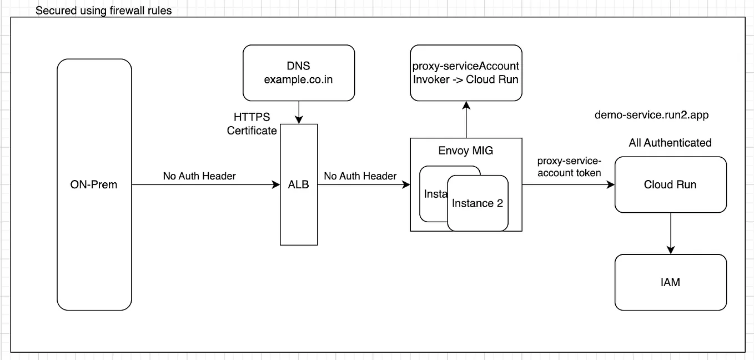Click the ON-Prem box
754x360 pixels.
pyautogui.click(x=94, y=184)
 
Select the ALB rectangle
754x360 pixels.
pyautogui.click(x=299, y=184)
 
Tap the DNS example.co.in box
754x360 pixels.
pyautogui.click(x=299, y=73)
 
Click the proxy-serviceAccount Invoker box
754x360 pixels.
pyautogui.click(x=466, y=73)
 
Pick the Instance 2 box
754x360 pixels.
pyautogui.click(x=477, y=203)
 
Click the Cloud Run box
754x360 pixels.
pyautogui.click(x=670, y=184)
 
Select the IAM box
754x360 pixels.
pyautogui.click(x=670, y=282)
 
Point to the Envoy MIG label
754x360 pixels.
pyautogui.click(x=466, y=151)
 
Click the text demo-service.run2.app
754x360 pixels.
pyautogui.click(x=651, y=115)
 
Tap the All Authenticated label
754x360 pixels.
pyautogui.click(x=670, y=143)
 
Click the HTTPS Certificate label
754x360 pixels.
pyautogui.click(x=252, y=124)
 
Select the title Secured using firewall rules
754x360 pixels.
pyautogui.click(x=103, y=11)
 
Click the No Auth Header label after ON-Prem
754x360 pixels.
pyautogui.click(x=199, y=176)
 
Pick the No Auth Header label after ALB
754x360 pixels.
pyautogui.click(x=360, y=176)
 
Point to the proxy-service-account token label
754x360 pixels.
pyautogui.click(x=569, y=167)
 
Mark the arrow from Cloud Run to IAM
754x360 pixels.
pyautogui.click(x=670, y=233)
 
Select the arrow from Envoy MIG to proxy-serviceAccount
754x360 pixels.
pyautogui.click(x=466, y=119)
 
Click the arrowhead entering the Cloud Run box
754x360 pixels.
pyautogui.click(x=611, y=185)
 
